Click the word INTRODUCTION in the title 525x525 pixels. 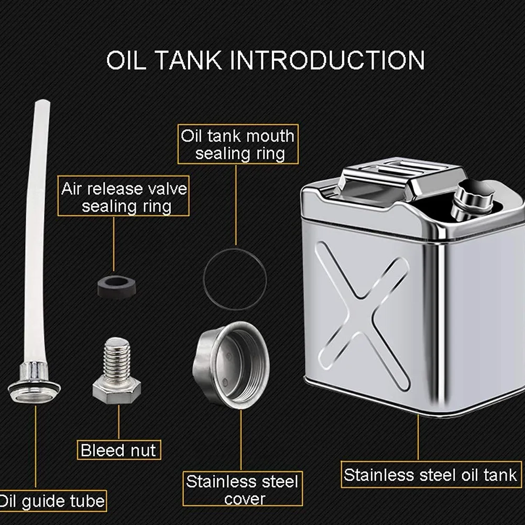[327, 60]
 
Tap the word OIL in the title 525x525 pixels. [126, 60]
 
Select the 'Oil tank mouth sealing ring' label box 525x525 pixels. [238, 144]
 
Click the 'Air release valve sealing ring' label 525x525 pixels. [124, 196]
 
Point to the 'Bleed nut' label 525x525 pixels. [119, 450]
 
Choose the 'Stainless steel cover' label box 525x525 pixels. [243, 489]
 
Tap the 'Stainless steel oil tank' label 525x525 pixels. [431, 475]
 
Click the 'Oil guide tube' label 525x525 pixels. [52, 501]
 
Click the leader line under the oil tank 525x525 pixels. [418, 438]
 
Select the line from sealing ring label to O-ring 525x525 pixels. [236, 205]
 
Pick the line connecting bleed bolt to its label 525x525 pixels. [119, 422]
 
